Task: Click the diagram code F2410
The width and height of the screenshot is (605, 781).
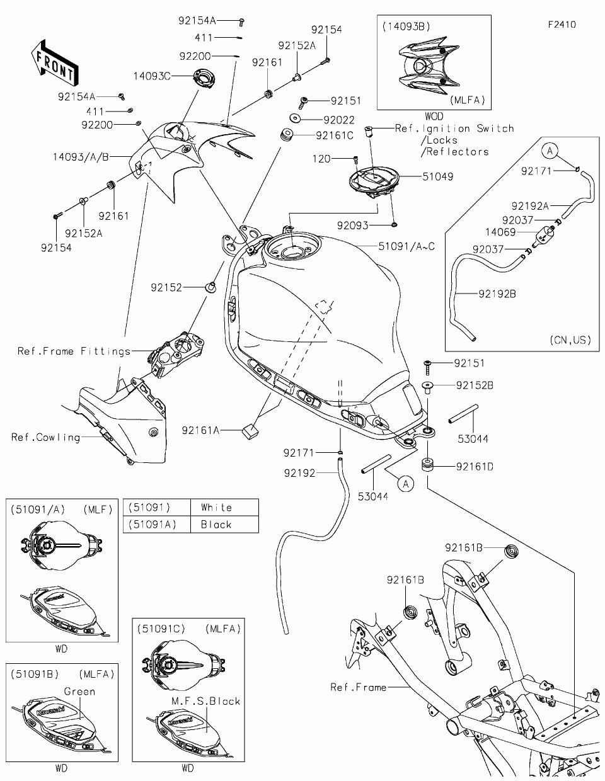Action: pyautogui.click(x=562, y=25)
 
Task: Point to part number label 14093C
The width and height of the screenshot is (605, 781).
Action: pyautogui.click(x=151, y=76)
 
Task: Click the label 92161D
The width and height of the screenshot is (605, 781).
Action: pyautogui.click(x=475, y=467)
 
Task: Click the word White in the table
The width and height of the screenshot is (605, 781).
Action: pyautogui.click(x=216, y=508)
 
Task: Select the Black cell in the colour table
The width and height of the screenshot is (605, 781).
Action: pyautogui.click(x=216, y=525)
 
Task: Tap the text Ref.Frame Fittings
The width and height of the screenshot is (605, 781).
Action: pyautogui.click(x=74, y=351)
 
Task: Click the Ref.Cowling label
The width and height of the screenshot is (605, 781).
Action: pyautogui.click(x=45, y=437)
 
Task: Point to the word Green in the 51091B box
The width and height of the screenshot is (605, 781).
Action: pyautogui.click(x=79, y=692)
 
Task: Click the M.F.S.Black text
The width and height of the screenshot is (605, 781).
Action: pyautogui.click(x=206, y=701)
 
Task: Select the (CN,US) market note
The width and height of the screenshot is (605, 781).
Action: pyautogui.click(x=570, y=340)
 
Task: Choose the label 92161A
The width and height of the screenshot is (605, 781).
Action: pyautogui.click(x=200, y=431)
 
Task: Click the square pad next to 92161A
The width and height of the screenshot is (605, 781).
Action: pyautogui.click(x=249, y=430)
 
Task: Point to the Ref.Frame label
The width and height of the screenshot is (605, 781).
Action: pyautogui.click(x=358, y=687)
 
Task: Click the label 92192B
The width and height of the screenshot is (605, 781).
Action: pyautogui.click(x=497, y=293)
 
